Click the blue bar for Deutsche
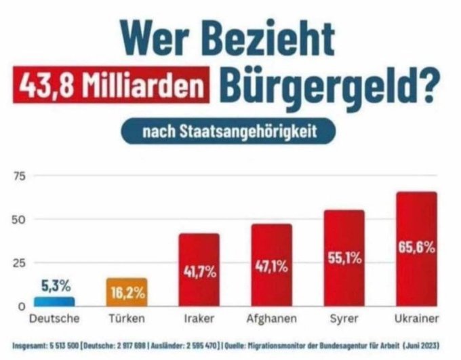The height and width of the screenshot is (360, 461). coord(55,301)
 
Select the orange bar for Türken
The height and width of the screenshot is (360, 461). coord(126,292)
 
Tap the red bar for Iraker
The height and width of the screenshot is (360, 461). coord(199,269)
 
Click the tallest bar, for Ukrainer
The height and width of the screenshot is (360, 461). coord(416,249)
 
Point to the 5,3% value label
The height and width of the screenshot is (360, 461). coord(55,285)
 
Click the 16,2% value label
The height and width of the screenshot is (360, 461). coord(126,292)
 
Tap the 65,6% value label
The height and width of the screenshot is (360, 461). coord(416,248)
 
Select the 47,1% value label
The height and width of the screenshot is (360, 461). coord(271,266)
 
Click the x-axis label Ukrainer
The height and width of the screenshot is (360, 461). coord(416,317)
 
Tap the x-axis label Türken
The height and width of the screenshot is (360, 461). coord(126,317)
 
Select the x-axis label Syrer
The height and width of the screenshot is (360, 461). coord(344,317)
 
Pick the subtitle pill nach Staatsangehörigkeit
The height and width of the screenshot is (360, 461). coord(229,132)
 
